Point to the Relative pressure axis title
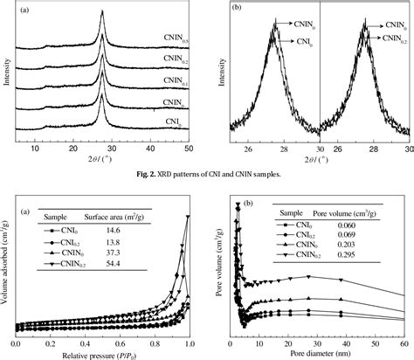click(x=109, y=354)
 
